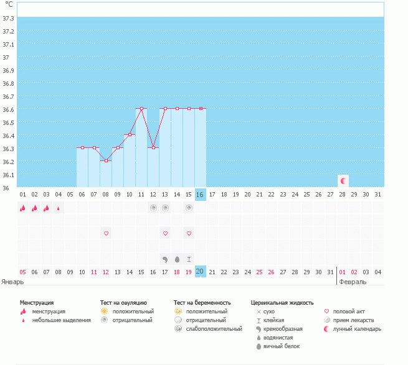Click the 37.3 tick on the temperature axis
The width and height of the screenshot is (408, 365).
pos(8,19)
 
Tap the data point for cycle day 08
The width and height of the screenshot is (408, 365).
pos(106,160)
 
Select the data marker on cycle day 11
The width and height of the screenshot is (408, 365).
pos(141,109)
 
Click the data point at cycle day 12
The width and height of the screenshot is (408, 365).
pos(153,147)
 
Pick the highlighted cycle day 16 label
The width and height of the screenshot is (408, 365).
pos(200,195)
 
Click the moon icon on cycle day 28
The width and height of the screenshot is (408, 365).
pos(343,180)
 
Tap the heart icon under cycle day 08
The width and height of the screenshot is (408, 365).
pos(106,233)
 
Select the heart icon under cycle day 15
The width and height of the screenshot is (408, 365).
pos(189,233)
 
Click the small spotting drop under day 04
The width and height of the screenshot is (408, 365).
pos(58,208)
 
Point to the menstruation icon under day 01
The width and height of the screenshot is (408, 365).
pos(22,208)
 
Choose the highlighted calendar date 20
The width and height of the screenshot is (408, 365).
pos(200,272)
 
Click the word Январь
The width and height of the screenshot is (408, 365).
pos(13,281)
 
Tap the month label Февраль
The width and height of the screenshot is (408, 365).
pos(353,281)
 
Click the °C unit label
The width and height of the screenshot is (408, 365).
pos(8,5)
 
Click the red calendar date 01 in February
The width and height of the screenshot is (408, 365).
pos(342,272)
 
